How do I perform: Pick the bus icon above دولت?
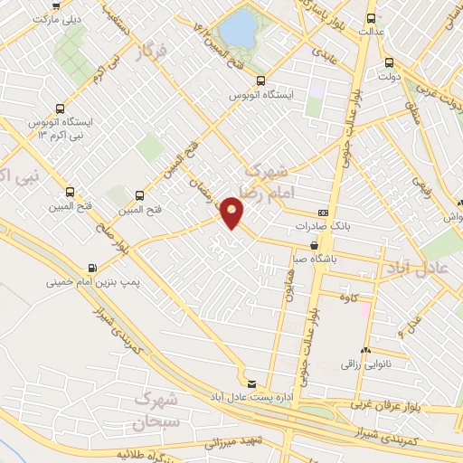click(x=389, y=62)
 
